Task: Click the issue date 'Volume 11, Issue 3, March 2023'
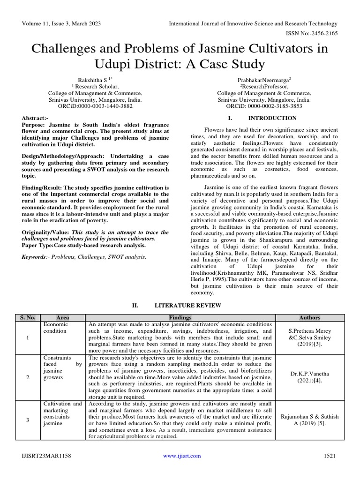pyautogui.click(x=61, y=24)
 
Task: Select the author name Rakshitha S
pyautogui.click(x=91, y=80)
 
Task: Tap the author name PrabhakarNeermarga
pyautogui.click(x=264, y=80)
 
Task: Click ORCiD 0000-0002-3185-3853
pyautogui.click(x=264, y=106)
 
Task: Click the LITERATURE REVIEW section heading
pyautogui.click(x=187, y=305)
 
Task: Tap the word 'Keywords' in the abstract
pyautogui.click(x=35, y=257)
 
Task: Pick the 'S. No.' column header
pyautogui.click(x=28, y=318)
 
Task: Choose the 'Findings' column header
pyautogui.click(x=180, y=318)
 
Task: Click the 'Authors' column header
pyautogui.click(x=309, y=318)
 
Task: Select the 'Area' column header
pyautogui.click(x=62, y=318)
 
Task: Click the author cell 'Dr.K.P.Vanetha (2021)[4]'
pyautogui.click(x=309, y=377)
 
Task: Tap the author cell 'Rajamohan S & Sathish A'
pyautogui.click(x=309, y=420)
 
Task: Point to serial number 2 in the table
pyautogui.click(x=28, y=377)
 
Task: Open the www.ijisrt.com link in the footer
pyautogui.click(x=182, y=456)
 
